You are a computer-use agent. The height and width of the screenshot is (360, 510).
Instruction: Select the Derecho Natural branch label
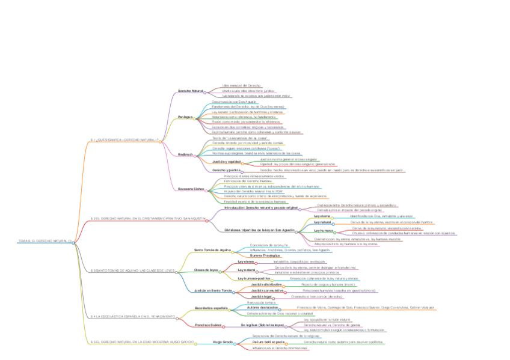(190, 91)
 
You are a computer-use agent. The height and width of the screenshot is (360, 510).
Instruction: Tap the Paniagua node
(185, 117)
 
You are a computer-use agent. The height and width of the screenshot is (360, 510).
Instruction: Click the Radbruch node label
(185, 154)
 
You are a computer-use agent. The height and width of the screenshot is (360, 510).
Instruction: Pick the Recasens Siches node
(191, 189)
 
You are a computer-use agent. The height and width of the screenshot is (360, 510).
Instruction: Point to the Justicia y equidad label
(227, 162)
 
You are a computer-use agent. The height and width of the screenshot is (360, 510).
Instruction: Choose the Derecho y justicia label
(226, 170)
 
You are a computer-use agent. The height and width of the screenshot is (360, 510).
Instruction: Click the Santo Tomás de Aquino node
(212, 249)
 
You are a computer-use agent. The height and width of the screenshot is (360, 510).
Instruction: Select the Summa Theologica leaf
(263, 255)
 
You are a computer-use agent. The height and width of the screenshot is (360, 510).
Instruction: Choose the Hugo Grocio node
(223, 342)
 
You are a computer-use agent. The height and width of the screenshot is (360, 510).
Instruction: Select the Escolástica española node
(212, 307)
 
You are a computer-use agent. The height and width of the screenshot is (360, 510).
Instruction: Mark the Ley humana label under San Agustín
(323, 230)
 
